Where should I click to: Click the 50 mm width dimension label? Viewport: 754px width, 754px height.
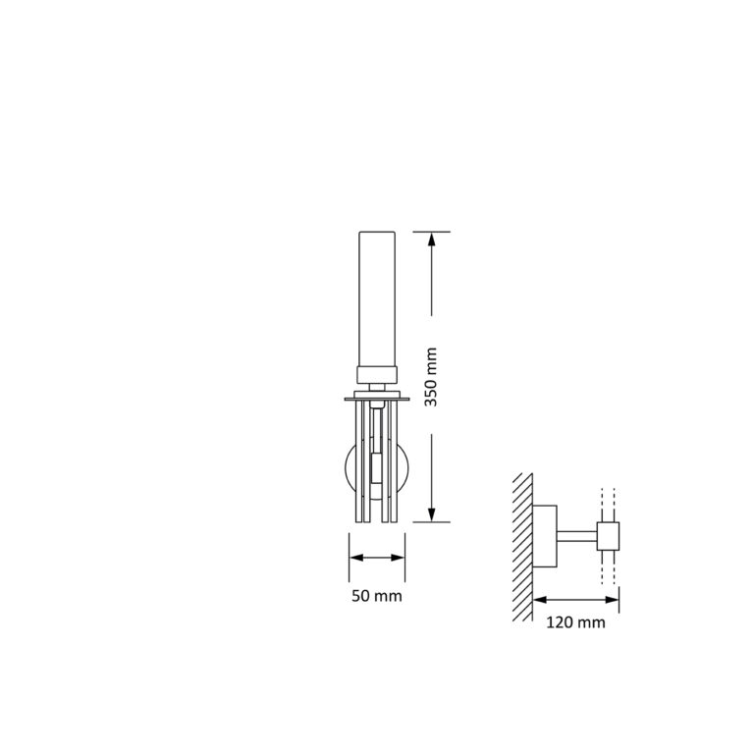[378, 596]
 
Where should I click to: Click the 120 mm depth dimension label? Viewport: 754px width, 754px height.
[576, 621]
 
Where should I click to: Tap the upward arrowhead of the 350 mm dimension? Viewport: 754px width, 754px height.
[431, 239]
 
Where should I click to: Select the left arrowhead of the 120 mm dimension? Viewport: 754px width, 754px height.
[539, 599]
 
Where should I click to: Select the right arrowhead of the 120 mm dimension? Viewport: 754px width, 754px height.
[613, 599]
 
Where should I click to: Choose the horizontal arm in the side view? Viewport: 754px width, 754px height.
[577, 535]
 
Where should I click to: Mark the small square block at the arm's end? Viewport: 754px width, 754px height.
[609, 535]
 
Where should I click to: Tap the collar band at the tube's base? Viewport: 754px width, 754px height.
[377, 373]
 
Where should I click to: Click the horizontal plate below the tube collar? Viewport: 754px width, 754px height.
[377, 398]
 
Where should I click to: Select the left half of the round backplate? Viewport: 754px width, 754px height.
[350, 471]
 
